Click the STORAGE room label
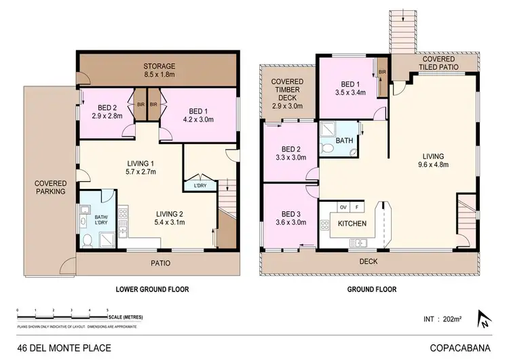point(159,66)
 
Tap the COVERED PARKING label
point(51,187)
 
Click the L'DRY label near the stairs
point(200,185)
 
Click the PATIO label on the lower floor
point(160,263)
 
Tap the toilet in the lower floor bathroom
point(87,239)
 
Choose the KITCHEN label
point(353,223)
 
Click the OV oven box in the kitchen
point(343,206)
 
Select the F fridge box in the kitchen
point(357,206)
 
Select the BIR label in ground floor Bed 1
point(382,71)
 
